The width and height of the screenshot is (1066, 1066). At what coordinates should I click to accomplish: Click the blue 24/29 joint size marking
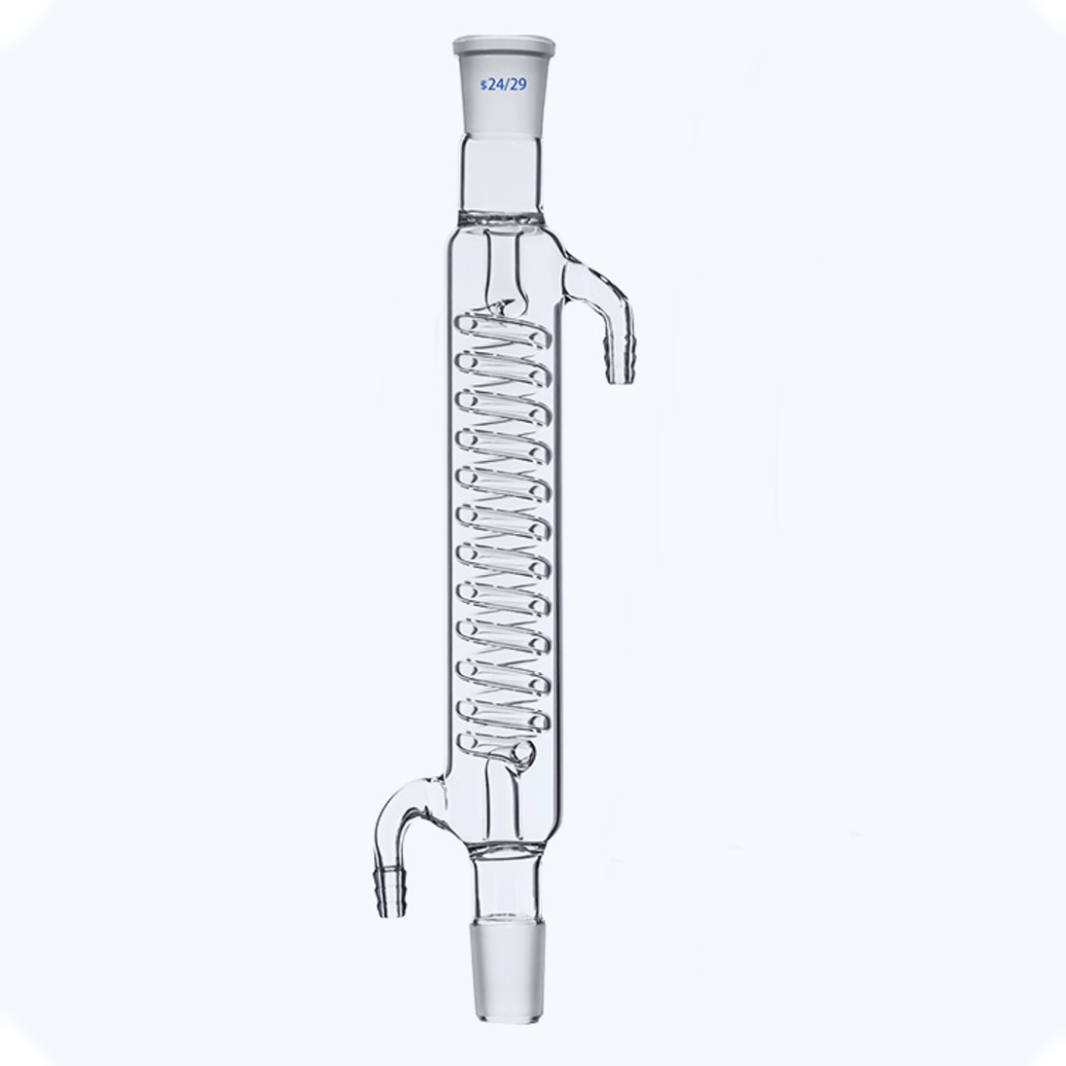[x=504, y=85]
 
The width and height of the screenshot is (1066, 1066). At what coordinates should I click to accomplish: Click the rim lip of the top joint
[x=504, y=42]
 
